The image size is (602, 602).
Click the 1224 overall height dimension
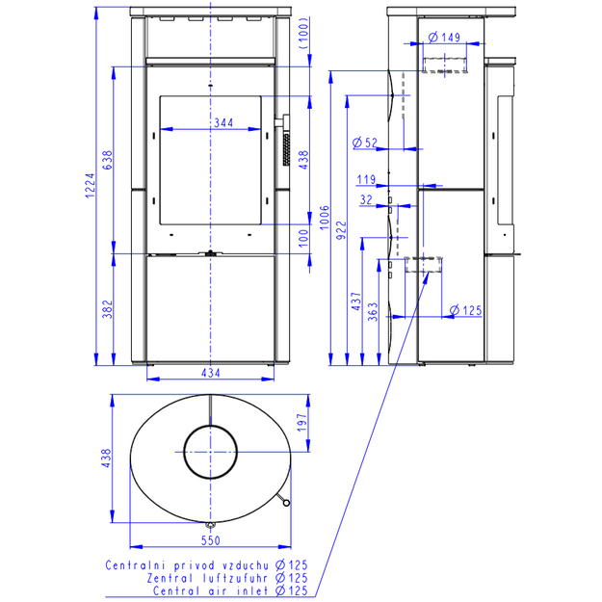tap(90, 186)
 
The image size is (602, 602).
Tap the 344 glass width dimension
tap(223, 123)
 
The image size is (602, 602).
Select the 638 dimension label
tap(108, 160)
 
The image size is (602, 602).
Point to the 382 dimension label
tap(108, 309)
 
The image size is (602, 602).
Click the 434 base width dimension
tap(211, 373)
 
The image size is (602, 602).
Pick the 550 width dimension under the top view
tap(211, 540)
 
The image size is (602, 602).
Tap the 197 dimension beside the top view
tap(302, 422)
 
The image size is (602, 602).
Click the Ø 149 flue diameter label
tap(444, 38)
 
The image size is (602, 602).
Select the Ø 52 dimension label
tap(365, 143)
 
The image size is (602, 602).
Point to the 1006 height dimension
tap(325, 218)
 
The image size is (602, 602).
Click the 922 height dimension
tap(341, 230)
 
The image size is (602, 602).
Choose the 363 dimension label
tap(373, 312)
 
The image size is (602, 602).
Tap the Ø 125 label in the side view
tap(465, 310)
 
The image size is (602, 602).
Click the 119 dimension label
tap(366, 180)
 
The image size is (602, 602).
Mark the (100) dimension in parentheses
tap(303, 33)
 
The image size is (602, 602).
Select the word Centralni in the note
tap(136, 565)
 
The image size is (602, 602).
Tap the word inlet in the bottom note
tap(252, 590)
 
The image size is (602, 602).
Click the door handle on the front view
tap(282, 122)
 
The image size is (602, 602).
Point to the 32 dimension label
tap(366, 200)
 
